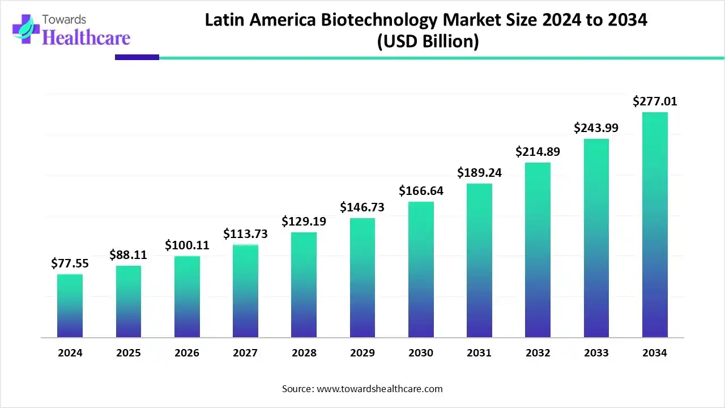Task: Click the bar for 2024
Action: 70,306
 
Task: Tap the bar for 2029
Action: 362,278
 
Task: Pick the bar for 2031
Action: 479,261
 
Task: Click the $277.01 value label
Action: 655,102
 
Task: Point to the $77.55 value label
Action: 70,263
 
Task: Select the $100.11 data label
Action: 187,245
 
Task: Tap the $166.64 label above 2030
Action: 421,191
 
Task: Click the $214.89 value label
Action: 538,152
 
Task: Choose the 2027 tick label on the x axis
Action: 245,353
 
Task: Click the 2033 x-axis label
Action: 596,353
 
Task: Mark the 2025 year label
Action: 129,353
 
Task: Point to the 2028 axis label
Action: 304,353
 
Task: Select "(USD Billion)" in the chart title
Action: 428,41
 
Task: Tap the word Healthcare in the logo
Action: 86,37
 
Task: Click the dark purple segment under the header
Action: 137,57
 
